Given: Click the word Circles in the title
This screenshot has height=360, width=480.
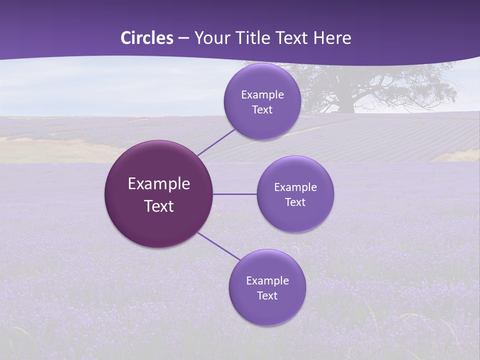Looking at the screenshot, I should point(146,38).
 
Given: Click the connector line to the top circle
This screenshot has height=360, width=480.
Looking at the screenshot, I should point(216,142).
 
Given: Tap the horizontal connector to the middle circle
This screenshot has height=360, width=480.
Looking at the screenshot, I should point(234,194).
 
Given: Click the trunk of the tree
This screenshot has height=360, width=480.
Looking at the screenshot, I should point(345,105).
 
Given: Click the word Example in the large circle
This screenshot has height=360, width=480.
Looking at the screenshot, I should point(159,184).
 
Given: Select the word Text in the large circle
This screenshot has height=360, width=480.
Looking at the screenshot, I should point(159,206).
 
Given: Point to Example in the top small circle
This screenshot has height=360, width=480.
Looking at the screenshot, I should point(262,95).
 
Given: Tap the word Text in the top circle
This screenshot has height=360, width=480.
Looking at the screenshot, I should point(262,110).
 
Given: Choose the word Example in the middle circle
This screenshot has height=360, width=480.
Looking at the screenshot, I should point(295,187).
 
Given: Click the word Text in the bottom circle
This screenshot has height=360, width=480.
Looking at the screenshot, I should point(267,296).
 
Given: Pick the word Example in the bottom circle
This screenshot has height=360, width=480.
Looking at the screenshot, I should point(267,281).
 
